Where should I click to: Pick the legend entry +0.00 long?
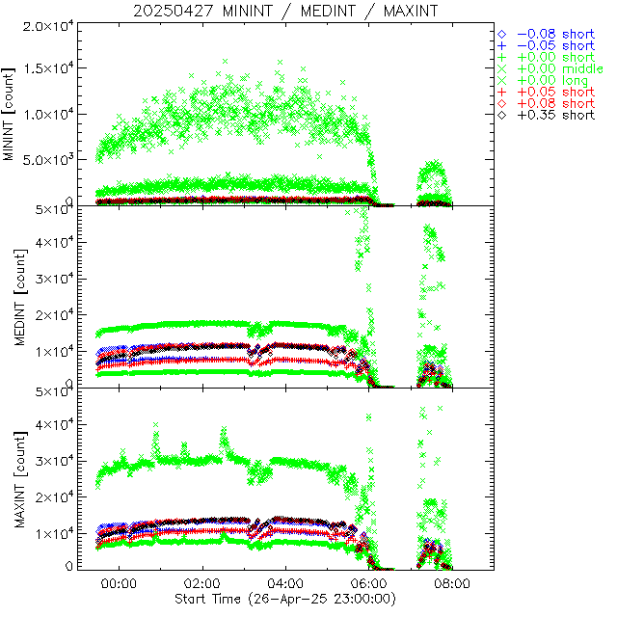pyautogui.click(x=552, y=80)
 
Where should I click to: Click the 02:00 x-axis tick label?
pyautogui.click(x=202, y=584)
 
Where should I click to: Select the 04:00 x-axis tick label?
pyautogui.click(x=286, y=584)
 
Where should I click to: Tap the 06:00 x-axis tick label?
pyautogui.click(x=369, y=584)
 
